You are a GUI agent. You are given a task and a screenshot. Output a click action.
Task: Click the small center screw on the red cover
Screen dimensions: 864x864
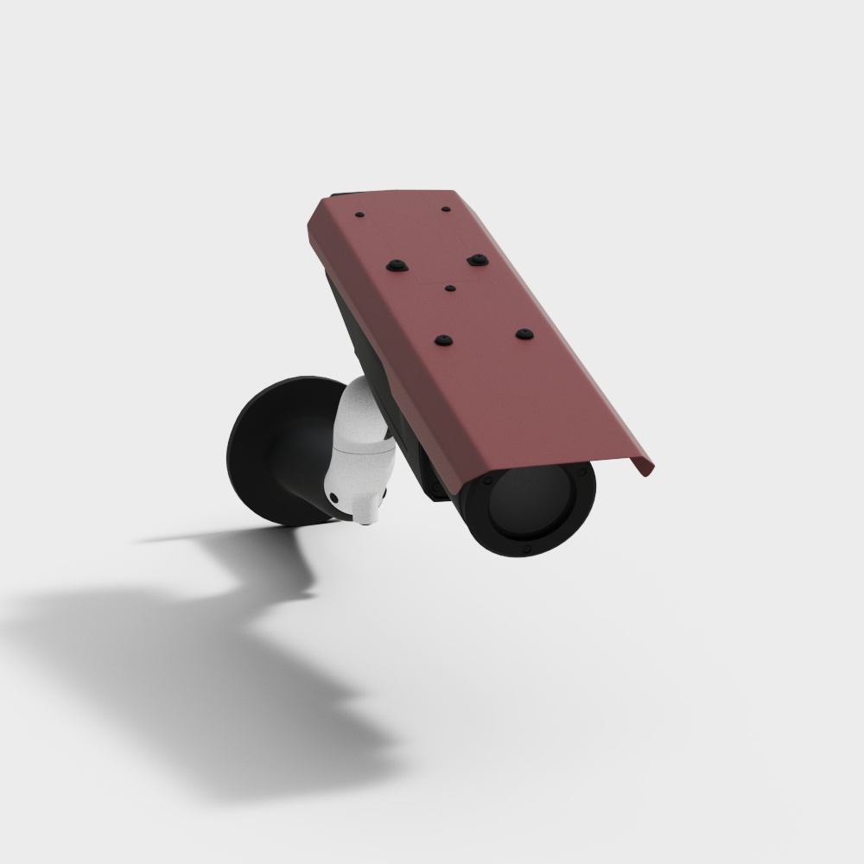[x=450, y=287]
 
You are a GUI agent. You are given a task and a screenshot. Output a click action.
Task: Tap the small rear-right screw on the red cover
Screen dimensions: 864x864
[x=445, y=208]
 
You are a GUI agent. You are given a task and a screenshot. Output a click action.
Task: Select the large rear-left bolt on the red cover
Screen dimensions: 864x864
[x=395, y=264]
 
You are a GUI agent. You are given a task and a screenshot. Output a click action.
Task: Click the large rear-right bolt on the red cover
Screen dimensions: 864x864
[x=474, y=258]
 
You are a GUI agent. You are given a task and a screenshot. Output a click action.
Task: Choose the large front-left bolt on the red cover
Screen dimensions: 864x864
[x=444, y=341]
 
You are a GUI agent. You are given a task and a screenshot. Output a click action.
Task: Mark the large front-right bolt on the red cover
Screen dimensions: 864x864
[x=524, y=333]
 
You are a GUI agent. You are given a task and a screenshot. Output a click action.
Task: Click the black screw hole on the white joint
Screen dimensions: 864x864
[x=333, y=497]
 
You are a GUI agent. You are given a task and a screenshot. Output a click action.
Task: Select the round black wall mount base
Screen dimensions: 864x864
[x=259, y=449]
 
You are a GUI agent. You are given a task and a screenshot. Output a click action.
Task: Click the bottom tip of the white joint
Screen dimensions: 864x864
[x=366, y=518]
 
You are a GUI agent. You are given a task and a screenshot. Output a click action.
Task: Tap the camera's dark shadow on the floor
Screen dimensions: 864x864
[x=216, y=639]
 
